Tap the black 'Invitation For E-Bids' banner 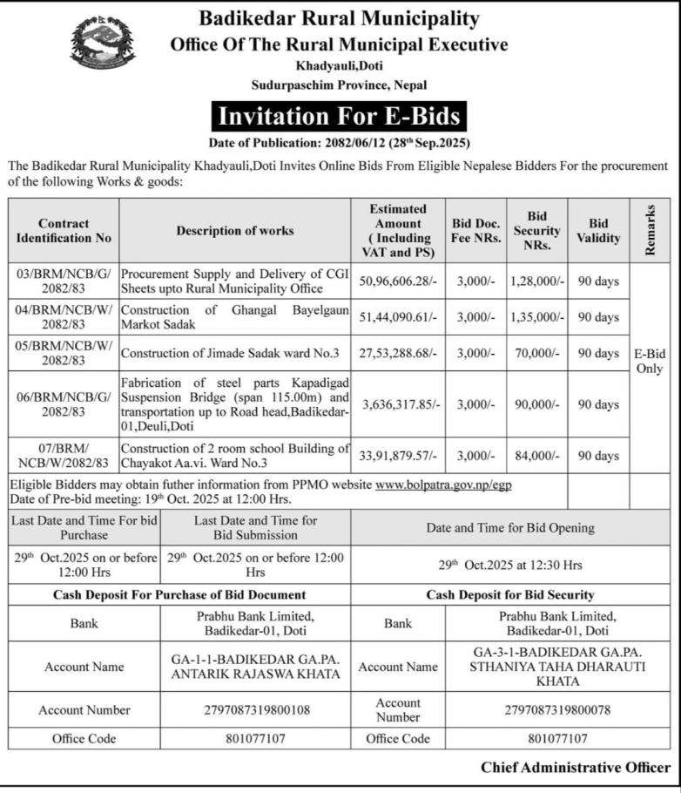tap(339, 116)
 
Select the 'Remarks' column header tap(650, 231)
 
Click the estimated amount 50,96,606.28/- tap(397, 281)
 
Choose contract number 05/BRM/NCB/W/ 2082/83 tap(63, 353)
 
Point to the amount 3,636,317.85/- tap(397, 404)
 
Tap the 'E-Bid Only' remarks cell tap(649, 361)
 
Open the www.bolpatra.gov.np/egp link tap(443, 485)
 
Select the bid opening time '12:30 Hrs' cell tap(509, 565)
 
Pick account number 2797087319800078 tap(557, 710)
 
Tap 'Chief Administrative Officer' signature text tap(576, 768)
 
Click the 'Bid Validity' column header tap(598, 231)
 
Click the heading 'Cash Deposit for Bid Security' tap(510, 594)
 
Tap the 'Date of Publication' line tap(339, 142)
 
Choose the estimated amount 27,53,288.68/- tap(397, 353)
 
